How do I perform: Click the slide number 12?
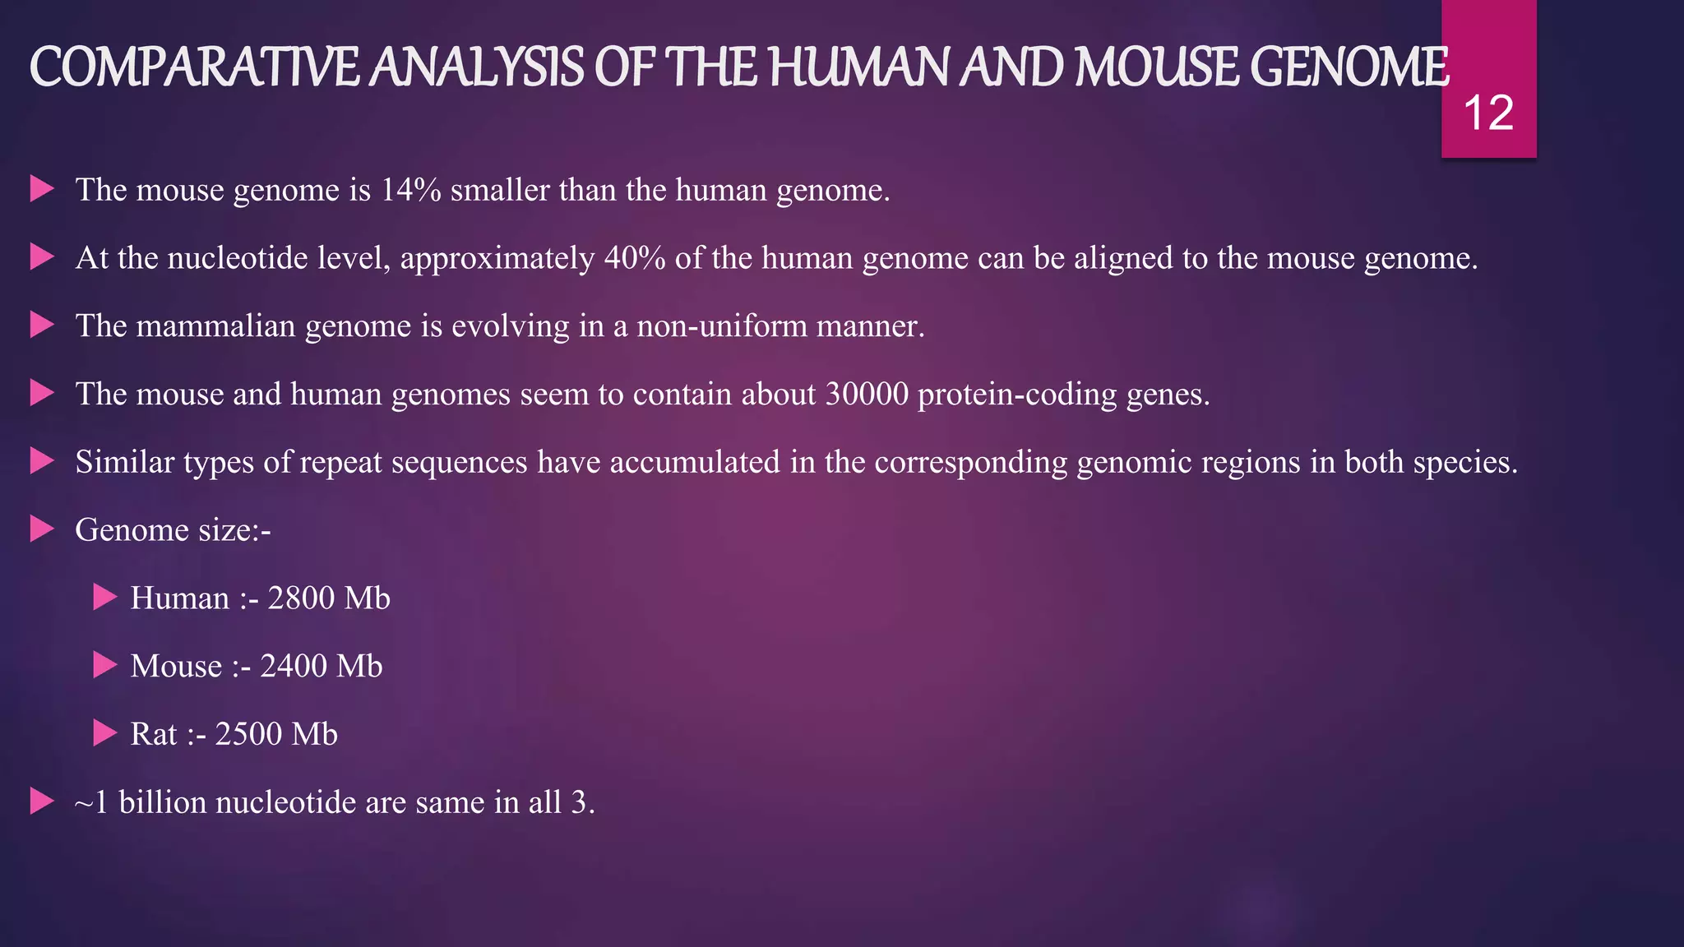pos(1488,113)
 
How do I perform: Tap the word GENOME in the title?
pos(1349,67)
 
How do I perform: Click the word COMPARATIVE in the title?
pos(195,67)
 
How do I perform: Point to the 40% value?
pos(635,258)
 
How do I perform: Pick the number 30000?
pos(867,395)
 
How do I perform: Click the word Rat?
pos(153,734)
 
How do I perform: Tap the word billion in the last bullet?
pos(161,802)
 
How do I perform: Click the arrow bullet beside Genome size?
pos(41,529)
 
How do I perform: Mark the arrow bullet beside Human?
pos(104,598)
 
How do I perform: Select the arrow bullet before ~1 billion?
pos(41,801)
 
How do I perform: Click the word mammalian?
pos(215,326)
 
